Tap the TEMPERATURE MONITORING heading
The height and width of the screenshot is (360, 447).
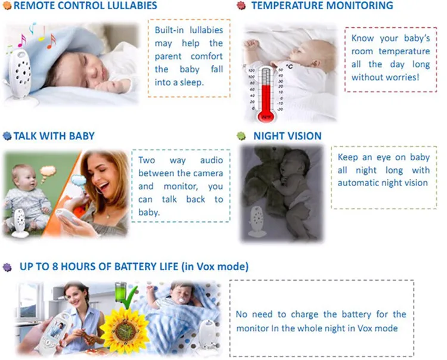(x=322, y=7)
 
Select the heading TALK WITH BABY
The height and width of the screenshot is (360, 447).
(x=54, y=136)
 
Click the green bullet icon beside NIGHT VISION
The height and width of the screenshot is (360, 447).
(x=241, y=136)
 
